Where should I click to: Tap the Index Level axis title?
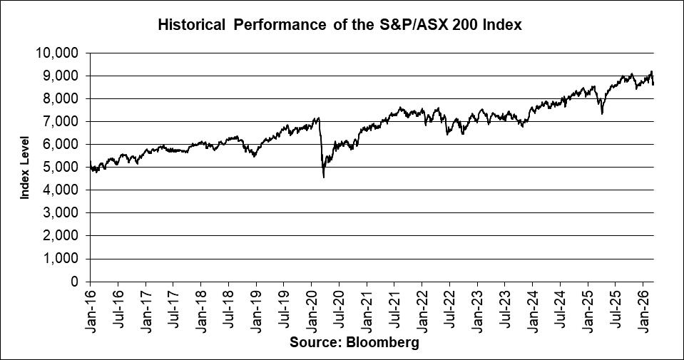(25, 167)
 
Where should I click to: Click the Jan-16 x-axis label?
(90, 309)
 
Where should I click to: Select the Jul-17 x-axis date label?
(173, 309)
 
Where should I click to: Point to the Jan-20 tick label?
(311, 309)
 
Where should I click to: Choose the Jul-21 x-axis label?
(394, 309)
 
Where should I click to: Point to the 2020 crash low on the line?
(324, 176)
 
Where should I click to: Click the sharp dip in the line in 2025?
(602, 113)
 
